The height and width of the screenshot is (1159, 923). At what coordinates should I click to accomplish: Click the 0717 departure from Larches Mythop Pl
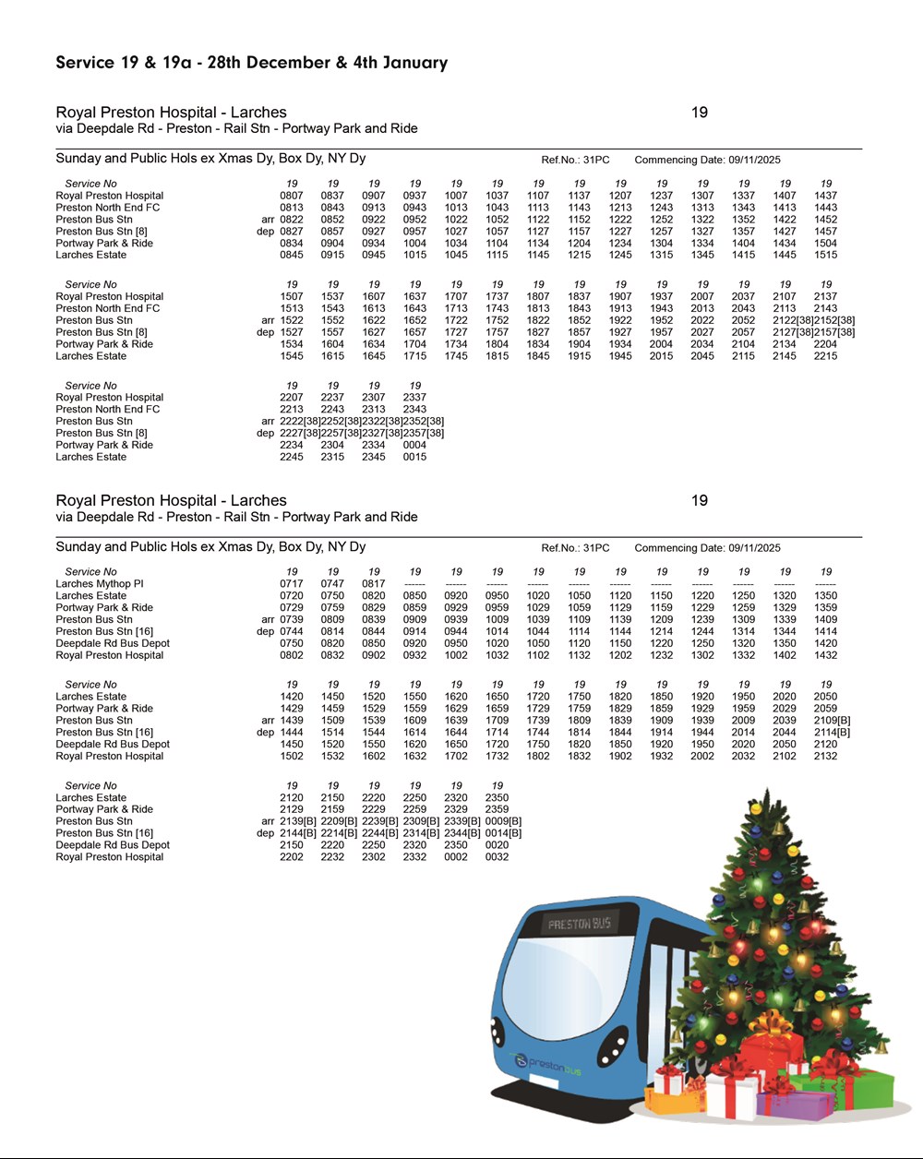pos(291,584)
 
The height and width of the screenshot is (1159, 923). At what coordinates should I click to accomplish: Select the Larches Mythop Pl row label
pos(100,584)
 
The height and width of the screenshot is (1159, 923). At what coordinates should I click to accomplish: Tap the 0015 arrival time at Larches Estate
pos(414,457)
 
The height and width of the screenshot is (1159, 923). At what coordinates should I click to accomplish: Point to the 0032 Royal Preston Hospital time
pos(497,857)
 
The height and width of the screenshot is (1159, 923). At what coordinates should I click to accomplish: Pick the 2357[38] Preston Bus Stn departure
pos(424,433)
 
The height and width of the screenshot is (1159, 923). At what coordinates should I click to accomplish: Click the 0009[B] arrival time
pos(503,821)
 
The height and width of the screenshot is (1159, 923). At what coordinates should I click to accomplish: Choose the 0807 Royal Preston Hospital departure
pos(291,196)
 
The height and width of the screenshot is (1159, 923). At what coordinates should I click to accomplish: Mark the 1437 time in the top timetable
pos(825,196)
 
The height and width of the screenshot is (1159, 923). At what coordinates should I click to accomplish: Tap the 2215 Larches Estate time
pos(825,356)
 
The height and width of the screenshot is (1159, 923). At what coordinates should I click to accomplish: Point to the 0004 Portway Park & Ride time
pos(414,445)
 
